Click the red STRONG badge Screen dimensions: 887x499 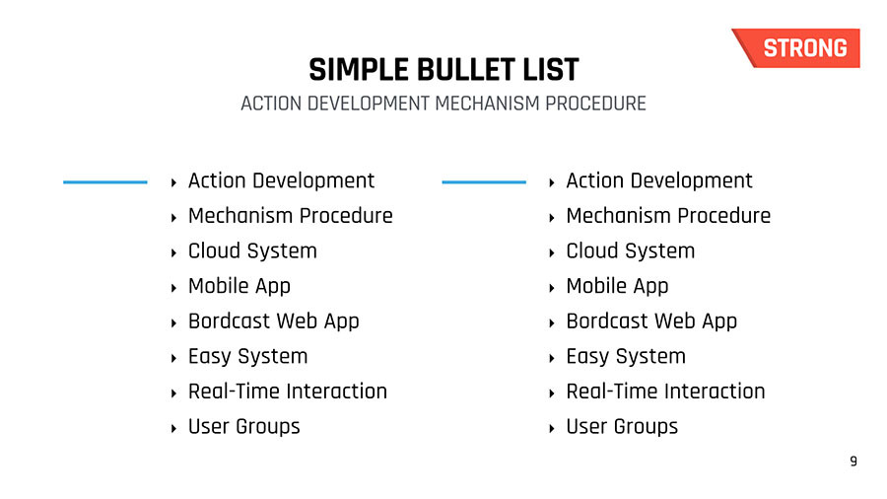(798, 48)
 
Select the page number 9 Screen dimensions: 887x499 (853, 462)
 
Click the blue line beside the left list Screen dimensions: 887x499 (105, 182)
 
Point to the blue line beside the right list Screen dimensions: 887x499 (484, 182)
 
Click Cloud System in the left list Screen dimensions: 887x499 (252, 250)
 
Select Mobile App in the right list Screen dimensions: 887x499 (617, 286)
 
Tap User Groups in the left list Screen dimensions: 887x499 (243, 427)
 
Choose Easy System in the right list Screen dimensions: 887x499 (626, 356)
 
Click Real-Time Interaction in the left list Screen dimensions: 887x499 (288, 391)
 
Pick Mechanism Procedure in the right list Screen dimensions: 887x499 (668, 216)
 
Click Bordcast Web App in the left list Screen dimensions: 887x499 (274, 321)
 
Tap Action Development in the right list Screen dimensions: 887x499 (659, 181)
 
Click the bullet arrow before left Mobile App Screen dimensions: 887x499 (173, 288)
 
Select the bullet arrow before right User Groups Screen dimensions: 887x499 (552, 428)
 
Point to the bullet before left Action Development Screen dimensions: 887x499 (173, 182)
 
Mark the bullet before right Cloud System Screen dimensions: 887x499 (552, 252)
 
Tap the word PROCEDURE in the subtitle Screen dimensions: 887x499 (595, 104)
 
